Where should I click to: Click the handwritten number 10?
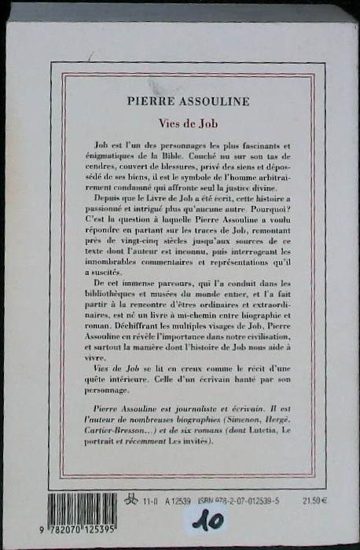tap(207, 520)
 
